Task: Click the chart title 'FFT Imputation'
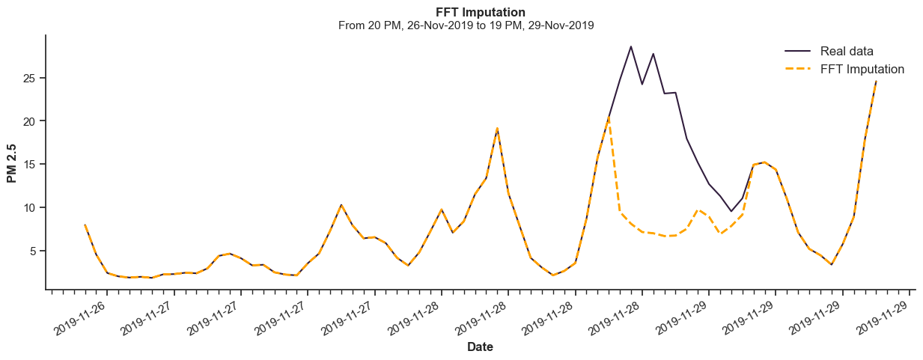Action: pos(480,12)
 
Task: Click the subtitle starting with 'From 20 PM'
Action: pos(466,25)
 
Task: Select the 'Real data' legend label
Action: pos(847,51)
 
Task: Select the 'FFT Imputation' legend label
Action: pos(862,69)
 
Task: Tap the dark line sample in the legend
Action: pos(798,51)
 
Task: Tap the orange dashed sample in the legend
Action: pos(798,69)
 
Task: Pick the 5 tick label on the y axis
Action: pos(34,251)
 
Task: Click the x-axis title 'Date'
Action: pos(480,347)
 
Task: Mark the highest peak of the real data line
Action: pos(630,46)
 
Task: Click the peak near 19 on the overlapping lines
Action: pos(497,129)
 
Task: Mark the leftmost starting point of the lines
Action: pos(85,225)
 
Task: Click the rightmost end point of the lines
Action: pos(876,81)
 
